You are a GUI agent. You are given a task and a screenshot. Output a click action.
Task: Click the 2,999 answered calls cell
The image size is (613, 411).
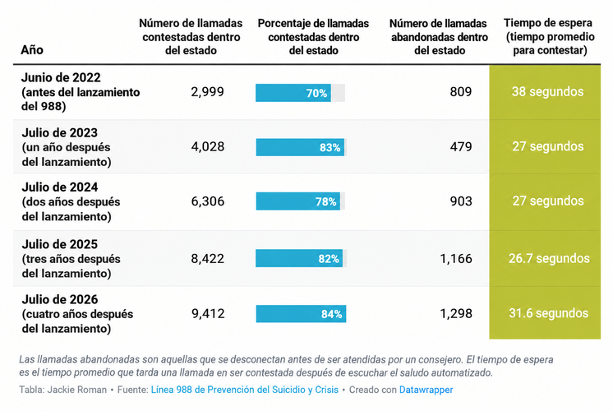click(x=207, y=92)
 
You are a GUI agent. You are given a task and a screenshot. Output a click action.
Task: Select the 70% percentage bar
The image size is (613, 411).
click(x=293, y=93)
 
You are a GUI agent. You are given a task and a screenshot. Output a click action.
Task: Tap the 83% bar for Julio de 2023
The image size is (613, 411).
click(x=300, y=147)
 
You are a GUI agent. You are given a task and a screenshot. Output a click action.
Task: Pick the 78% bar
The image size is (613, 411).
click(x=298, y=201)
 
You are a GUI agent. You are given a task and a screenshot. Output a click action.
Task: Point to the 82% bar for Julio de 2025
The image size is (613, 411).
click(x=299, y=258)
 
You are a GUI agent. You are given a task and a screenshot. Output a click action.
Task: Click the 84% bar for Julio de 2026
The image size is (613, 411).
click(x=301, y=314)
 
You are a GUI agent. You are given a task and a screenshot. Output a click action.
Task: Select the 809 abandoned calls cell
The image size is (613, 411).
click(x=460, y=92)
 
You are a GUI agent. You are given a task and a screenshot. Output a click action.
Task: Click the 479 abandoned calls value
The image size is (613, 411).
click(x=460, y=146)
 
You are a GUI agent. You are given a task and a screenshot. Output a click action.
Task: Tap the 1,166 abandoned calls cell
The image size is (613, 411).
click(x=456, y=258)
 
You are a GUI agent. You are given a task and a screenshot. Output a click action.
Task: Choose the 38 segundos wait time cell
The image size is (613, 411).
click(x=547, y=91)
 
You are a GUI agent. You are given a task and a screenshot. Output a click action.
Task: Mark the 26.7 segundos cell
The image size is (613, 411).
click(x=549, y=258)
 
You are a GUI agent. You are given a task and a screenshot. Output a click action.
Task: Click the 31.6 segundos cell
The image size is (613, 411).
click(x=548, y=313)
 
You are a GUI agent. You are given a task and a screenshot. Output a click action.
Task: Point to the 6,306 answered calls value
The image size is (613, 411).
click(x=208, y=201)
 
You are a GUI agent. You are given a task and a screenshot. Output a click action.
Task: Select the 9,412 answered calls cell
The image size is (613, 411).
click(x=208, y=314)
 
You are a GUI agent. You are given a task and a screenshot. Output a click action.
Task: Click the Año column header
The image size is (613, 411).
click(x=32, y=49)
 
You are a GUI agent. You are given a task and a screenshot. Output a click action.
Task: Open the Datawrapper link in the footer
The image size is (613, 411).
click(x=426, y=390)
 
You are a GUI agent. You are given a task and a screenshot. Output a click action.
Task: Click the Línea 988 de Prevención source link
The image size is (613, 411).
click(x=245, y=390)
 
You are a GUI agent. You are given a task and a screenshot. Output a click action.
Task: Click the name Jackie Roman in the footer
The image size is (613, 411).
click(x=77, y=390)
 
